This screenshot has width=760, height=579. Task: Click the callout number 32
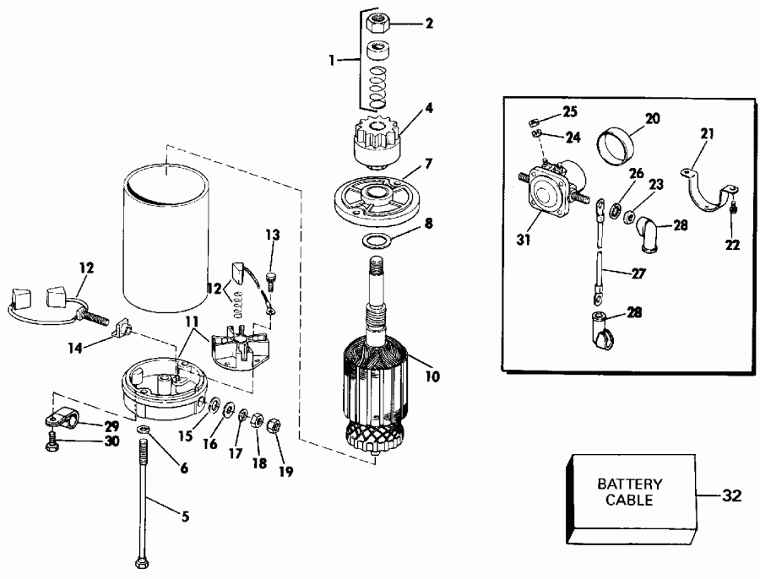click(x=730, y=495)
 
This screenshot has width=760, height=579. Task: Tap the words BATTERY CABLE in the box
click(x=629, y=492)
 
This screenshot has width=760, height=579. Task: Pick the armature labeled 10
click(x=376, y=371)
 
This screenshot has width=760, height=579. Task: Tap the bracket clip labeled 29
click(x=61, y=417)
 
